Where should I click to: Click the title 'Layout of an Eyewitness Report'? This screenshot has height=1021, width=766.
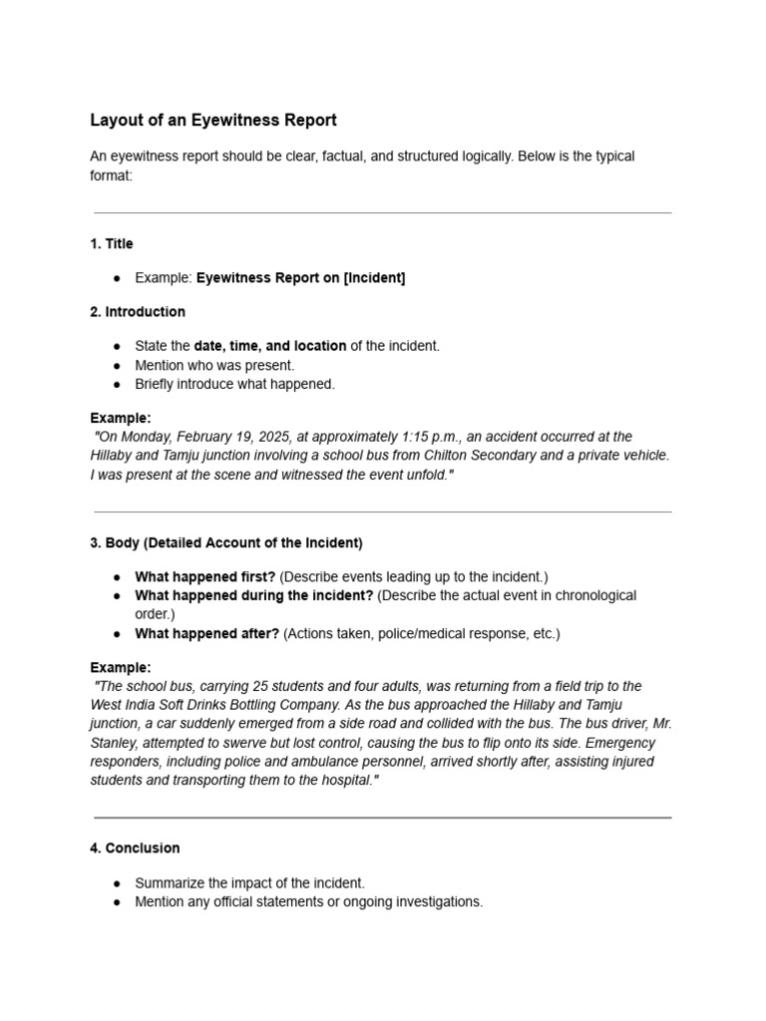(213, 121)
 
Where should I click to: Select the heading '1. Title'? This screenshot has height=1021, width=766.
(111, 243)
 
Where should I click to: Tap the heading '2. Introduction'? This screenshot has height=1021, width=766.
(137, 311)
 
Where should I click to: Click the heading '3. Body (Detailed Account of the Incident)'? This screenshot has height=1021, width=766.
(225, 542)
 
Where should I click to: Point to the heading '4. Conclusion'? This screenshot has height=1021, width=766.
(135, 848)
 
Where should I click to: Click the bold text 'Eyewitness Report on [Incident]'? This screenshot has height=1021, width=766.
(300, 278)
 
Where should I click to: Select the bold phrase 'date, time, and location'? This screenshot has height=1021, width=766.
(269, 346)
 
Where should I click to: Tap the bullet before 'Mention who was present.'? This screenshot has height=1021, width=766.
(117, 365)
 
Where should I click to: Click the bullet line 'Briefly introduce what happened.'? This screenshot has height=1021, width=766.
(234, 384)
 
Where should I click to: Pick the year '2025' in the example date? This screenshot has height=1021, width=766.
(274, 437)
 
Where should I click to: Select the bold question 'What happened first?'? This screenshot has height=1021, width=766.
(204, 576)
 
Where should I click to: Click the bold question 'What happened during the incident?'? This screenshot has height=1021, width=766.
(253, 595)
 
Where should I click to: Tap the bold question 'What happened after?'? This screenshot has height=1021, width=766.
(206, 633)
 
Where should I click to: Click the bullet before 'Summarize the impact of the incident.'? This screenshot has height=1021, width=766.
(117, 883)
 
